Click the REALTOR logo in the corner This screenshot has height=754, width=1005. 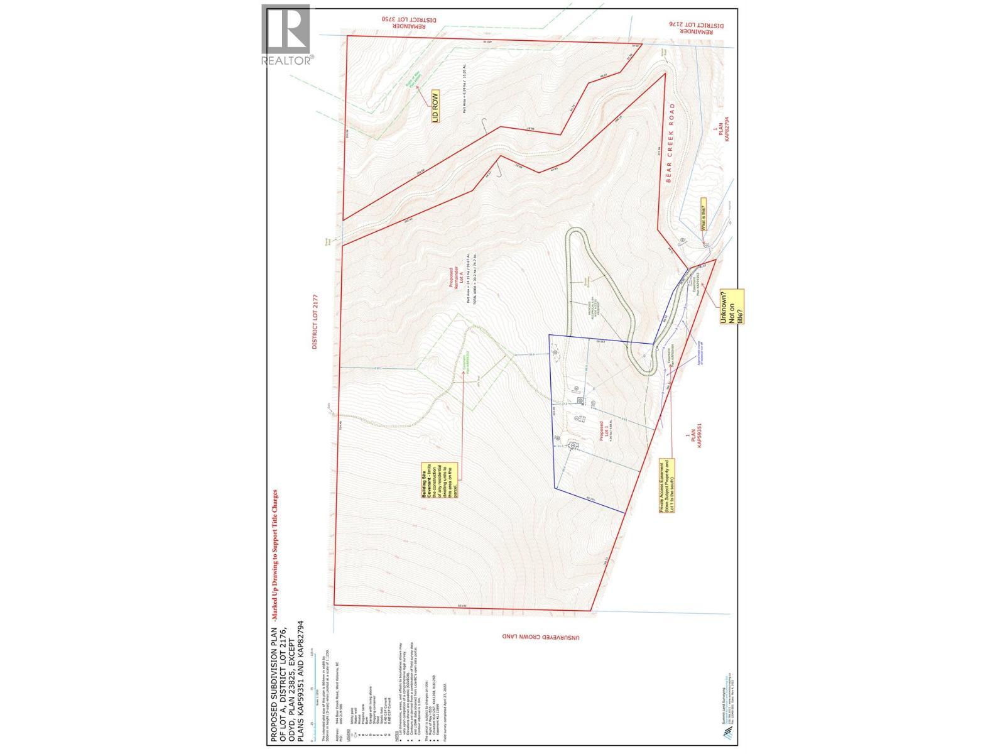tap(286, 35)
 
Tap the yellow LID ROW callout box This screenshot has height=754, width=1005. tap(434, 107)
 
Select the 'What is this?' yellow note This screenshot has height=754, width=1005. tap(703, 214)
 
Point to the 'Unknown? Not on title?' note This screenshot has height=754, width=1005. tap(732, 307)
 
